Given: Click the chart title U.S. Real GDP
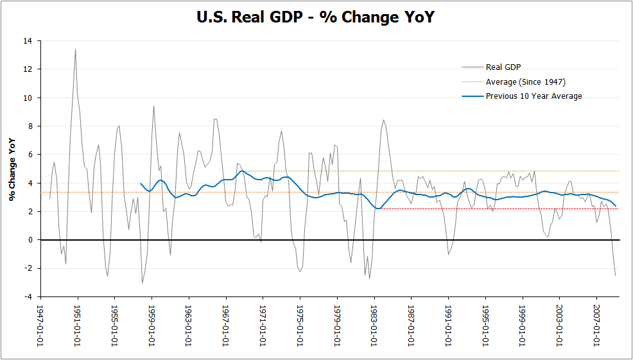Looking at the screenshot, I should (316, 17).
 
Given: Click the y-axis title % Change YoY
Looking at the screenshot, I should (12, 169).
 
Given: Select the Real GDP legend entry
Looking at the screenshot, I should (503, 67).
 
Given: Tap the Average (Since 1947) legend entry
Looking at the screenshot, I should (525, 81).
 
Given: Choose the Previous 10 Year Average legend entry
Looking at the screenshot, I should (533, 96).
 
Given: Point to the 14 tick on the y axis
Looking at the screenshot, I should (28, 40).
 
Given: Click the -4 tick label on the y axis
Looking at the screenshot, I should (28, 297).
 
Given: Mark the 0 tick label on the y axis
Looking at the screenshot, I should (30, 240).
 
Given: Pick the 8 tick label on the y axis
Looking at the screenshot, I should (30, 126).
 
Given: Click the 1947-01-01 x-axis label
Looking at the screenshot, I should (41, 324).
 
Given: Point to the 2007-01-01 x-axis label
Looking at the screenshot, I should (597, 324).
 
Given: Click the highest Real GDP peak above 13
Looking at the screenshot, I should (75, 49).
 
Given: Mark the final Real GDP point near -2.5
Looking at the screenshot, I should (615, 275).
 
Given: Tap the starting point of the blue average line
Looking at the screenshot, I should (140, 184).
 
